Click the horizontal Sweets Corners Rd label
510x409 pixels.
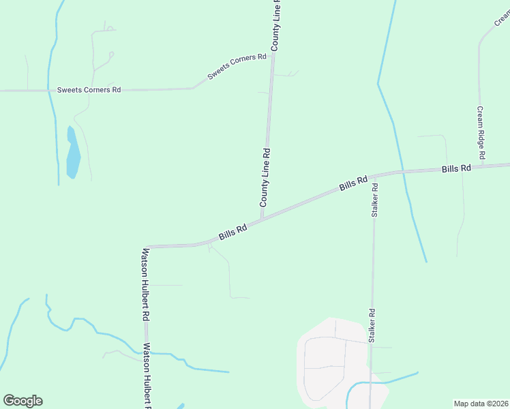[x=89, y=89]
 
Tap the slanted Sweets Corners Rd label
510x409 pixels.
[x=237, y=67]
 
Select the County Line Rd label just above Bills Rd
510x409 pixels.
[x=265, y=178]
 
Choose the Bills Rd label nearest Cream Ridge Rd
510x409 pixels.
[x=456, y=168]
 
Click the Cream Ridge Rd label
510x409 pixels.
[x=481, y=134]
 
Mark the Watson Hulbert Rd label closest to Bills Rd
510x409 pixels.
[x=145, y=284]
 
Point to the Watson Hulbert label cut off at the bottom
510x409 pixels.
[x=146, y=375]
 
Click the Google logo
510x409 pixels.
[x=22, y=401]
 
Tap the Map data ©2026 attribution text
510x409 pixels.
[x=481, y=403]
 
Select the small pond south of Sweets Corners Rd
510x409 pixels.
[x=72, y=153]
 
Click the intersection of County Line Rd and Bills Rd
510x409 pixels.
[x=262, y=219]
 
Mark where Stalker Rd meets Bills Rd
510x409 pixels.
[x=374, y=175]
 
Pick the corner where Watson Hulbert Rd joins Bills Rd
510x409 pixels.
[x=147, y=246]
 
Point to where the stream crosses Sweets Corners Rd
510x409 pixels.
[x=49, y=90]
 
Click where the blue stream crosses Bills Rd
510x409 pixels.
[x=402, y=170]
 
